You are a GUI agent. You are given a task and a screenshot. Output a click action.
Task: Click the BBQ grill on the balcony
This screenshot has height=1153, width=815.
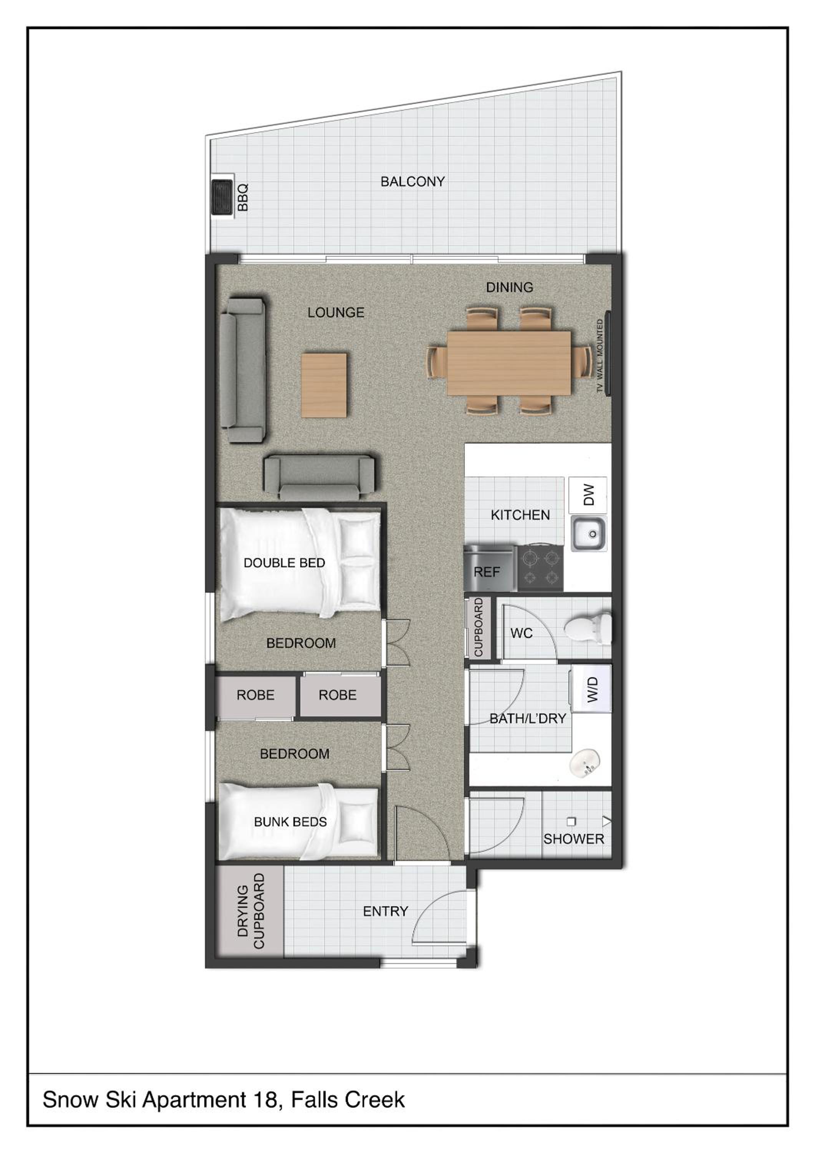[222, 198]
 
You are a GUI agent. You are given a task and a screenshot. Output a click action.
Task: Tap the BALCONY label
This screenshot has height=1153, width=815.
[412, 182]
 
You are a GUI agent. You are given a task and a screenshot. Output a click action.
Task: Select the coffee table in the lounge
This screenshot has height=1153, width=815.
[324, 385]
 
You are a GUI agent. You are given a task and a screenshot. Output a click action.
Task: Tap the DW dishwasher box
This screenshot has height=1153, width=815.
[588, 495]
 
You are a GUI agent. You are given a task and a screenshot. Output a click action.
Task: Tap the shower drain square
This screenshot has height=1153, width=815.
[571, 822]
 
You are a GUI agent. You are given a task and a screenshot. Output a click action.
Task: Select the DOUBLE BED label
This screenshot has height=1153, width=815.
[284, 563]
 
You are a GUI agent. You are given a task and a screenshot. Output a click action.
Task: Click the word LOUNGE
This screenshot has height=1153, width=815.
[336, 312]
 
